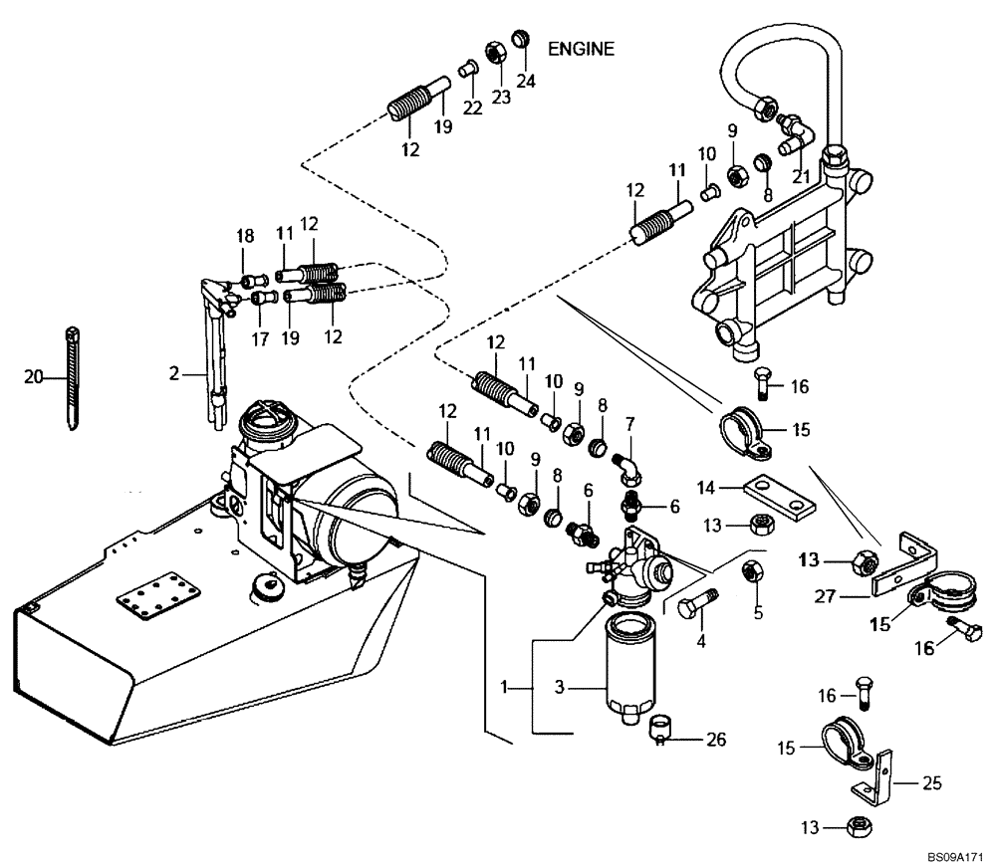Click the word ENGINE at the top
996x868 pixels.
coord(582,48)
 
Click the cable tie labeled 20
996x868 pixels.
coord(72,378)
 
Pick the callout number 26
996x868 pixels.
coord(715,740)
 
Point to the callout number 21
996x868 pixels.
coord(800,177)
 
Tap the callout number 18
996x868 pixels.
coord(245,236)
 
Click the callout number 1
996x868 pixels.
coord(507,687)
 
